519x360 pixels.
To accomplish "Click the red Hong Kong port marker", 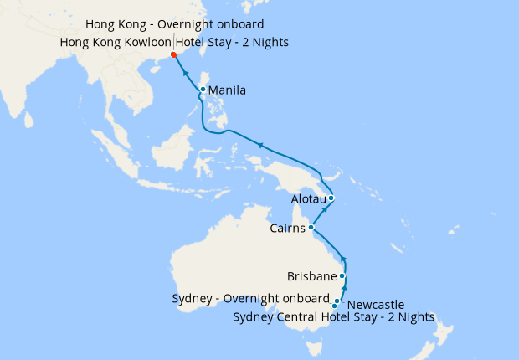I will pos(173,55).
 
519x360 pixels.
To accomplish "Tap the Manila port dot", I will pos(203,90).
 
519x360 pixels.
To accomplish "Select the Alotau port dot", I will pos(331,198).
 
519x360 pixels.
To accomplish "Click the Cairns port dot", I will pos(311,228).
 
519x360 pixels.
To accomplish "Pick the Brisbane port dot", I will pos(342,275).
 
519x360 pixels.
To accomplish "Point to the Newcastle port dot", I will pos(337,301).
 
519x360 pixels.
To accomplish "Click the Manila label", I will pos(227,90).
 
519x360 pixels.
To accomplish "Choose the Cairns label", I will pos(288,228).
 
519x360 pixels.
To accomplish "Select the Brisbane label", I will pos(311,275).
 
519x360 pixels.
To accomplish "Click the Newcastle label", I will pos(375,304).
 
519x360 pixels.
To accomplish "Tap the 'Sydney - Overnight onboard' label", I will pos(250,299).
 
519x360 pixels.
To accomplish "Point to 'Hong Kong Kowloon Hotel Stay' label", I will pos(175,42).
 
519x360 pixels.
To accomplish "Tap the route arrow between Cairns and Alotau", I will pos(322,213).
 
